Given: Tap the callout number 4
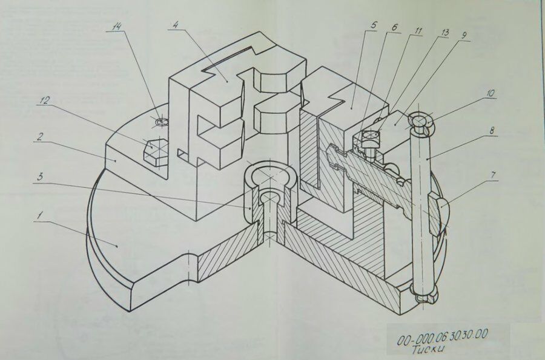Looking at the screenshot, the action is pyautogui.click(x=174, y=25).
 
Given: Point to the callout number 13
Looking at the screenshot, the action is pyautogui.click(x=445, y=32).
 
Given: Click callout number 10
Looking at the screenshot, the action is pyautogui.click(x=489, y=94).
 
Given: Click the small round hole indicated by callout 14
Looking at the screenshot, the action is pyautogui.click(x=161, y=122).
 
